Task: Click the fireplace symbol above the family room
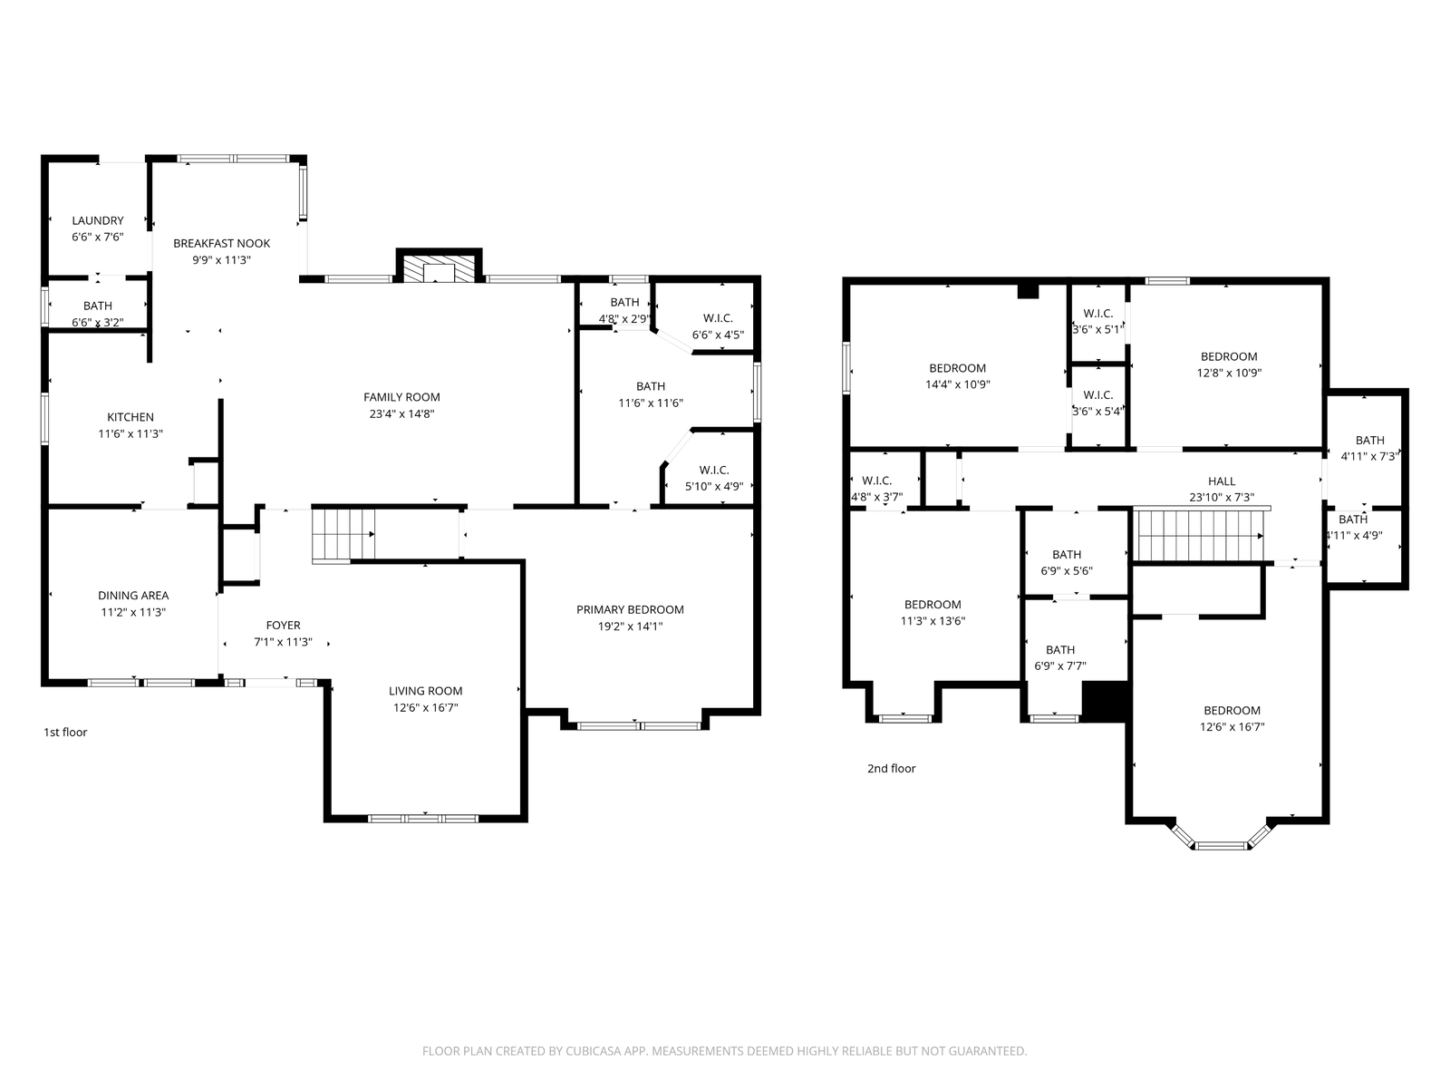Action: [x=439, y=269]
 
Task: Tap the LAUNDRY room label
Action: [x=98, y=220]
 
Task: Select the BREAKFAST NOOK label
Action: [x=221, y=243]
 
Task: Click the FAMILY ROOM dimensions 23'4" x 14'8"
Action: [x=401, y=414]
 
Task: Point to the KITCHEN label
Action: [x=130, y=417]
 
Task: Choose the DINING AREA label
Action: [x=133, y=596]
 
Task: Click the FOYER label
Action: [x=283, y=626]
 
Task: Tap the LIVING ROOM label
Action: [x=425, y=691]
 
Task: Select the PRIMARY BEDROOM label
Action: [x=630, y=609]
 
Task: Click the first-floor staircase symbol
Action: [x=343, y=535]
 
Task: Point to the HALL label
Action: [x=1222, y=481]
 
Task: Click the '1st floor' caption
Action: [x=65, y=732]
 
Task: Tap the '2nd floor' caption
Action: [x=891, y=768]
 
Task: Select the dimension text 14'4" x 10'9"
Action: [x=957, y=384]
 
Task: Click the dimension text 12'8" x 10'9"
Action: [x=1229, y=374]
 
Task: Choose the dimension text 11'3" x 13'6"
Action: [x=933, y=621]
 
